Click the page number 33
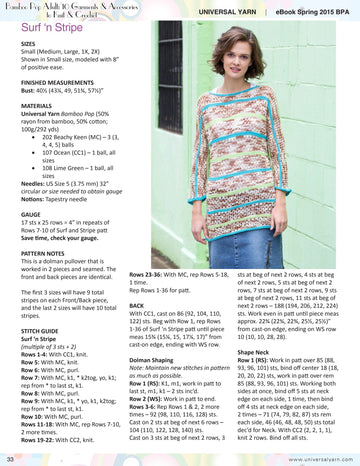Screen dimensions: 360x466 coord(9,458)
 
